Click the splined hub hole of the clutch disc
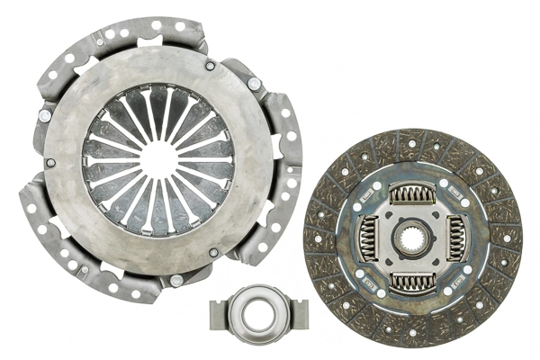pos(412,239)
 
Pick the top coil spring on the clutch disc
pos(412,195)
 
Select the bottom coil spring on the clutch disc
pos(412,282)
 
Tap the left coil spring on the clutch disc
pos(368,239)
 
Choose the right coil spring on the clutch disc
pos(455,239)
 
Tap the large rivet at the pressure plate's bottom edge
pos(176,281)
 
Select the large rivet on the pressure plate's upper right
pos(255,84)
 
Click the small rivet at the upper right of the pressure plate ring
pos(210,66)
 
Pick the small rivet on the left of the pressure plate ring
pos(50,163)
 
